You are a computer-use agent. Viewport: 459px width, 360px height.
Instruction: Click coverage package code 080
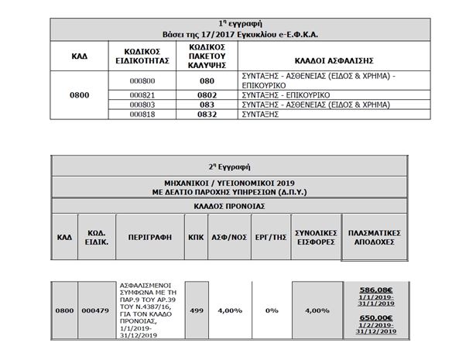click(x=206, y=80)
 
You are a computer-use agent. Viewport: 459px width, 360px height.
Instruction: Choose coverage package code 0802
click(x=206, y=94)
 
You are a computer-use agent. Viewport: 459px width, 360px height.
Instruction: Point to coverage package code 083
click(x=206, y=105)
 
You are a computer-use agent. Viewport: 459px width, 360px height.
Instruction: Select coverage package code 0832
click(x=206, y=115)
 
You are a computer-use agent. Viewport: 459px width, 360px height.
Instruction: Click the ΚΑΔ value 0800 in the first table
click(x=79, y=95)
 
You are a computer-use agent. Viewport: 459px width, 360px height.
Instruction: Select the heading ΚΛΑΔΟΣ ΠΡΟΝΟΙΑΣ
click(x=229, y=206)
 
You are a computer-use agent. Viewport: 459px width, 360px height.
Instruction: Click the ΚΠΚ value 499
click(x=197, y=310)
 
